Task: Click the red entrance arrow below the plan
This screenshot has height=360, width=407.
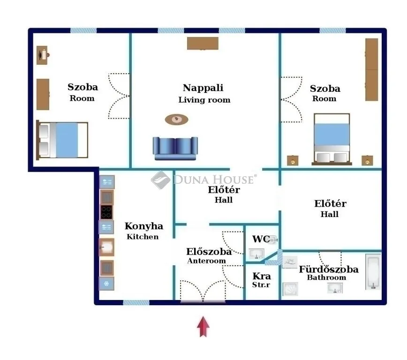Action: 203,327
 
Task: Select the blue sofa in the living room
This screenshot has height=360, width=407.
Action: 175,148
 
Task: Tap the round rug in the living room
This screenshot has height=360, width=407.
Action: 176,120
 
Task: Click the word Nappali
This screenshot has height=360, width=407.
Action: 203,88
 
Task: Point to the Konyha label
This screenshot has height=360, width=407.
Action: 143,226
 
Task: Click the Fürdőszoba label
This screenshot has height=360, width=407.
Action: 328,269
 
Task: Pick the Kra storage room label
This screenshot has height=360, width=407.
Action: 262,276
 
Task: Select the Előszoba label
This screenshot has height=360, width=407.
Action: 209,251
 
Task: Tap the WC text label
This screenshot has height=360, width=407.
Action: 261,239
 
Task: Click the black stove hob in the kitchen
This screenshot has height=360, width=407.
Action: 106,212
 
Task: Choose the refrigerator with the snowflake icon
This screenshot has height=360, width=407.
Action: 106,284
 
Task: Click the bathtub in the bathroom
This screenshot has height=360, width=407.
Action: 373,271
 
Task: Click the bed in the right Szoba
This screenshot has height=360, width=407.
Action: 332,139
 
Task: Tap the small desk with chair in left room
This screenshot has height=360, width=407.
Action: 43,55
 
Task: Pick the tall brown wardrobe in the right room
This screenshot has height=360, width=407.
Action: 371,69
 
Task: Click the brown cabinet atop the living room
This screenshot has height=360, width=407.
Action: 203,43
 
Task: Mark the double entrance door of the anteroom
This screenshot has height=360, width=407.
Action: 203,291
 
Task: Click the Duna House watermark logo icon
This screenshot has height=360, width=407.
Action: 160,180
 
